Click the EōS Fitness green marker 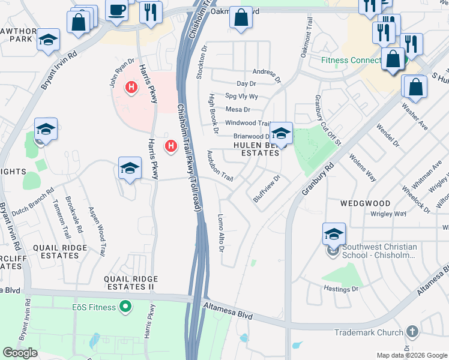point(125,308)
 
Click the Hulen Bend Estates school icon point(280,133)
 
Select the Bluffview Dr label point(267,188)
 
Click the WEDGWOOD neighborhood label point(365,204)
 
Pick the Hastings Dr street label point(342,289)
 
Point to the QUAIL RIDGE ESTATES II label point(131,283)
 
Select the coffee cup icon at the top point(116,10)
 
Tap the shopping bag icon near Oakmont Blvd point(241,19)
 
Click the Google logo point(20,353)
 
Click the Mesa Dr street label point(237,110)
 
